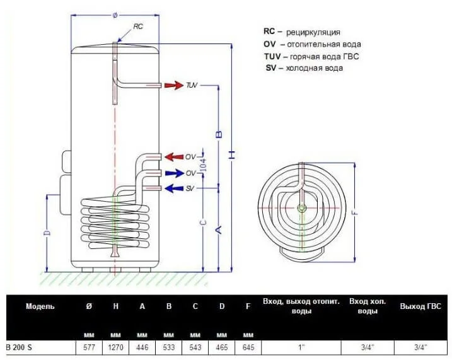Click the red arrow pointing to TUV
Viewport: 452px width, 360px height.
pyautogui.click(x=174, y=85)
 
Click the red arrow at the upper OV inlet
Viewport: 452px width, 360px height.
pyautogui.click(x=174, y=157)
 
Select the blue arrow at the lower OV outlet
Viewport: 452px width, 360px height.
pyautogui.click(x=174, y=173)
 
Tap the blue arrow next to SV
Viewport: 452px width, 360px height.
pyautogui.click(x=174, y=189)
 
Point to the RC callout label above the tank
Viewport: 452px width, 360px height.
pyautogui.click(x=138, y=26)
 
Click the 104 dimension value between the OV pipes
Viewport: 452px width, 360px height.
pyautogui.click(x=204, y=165)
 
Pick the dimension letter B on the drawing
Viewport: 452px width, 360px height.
pyautogui.click(x=219, y=134)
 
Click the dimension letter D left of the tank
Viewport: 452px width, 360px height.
pyautogui.click(x=48, y=233)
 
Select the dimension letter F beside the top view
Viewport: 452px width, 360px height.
pyautogui.click(x=355, y=213)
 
